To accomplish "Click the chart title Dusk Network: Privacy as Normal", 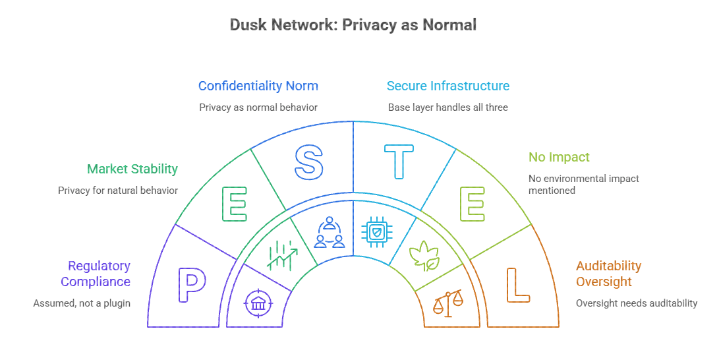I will [353, 25].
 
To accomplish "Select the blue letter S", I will [308, 162].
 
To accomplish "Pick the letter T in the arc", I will [399, 162].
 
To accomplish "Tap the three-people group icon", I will [330, 233].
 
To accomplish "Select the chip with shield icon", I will [376, 232].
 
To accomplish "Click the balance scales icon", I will [447, 303].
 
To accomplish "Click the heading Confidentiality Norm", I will [258, 86].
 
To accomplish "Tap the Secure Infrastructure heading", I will [447, 86].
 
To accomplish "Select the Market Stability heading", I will [132, 169].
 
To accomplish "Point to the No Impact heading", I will [559, 158].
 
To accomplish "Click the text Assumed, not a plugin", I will [82, 303].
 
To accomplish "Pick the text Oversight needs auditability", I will [636, 303].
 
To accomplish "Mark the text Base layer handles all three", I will [447, 107].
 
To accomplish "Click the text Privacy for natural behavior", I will [118, 191].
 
